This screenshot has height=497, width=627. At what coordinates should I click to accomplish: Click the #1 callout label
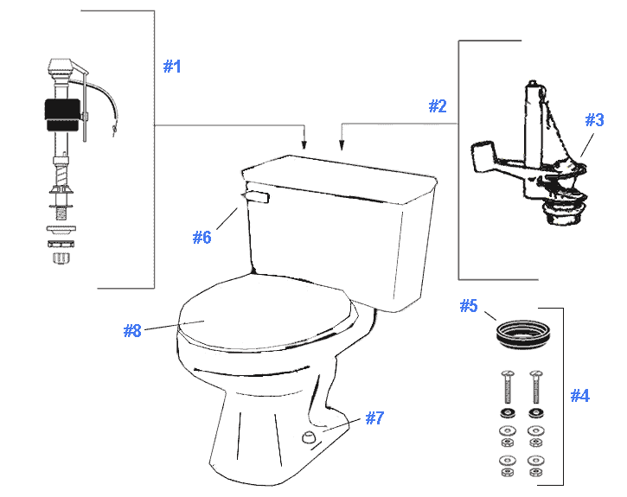(x=172, y=67)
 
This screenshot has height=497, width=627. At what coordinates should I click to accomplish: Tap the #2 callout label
(x=438, y=106)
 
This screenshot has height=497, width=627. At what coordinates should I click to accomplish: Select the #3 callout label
(x=593, y=120)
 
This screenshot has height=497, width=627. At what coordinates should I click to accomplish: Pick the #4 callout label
(x=579, y=396)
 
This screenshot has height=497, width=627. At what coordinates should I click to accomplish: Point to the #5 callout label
(x=468, y=306)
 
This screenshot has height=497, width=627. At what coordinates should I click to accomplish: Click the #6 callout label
(x=202, y=237)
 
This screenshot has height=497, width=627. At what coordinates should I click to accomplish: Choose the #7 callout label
(x=374, y=418)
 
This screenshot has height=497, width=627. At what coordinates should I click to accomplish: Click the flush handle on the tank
(x=256, y=198)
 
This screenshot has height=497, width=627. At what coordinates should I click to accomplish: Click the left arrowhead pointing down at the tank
(x=304, y=143)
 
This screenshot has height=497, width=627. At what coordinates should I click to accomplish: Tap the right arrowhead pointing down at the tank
(x=343, y=143)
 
